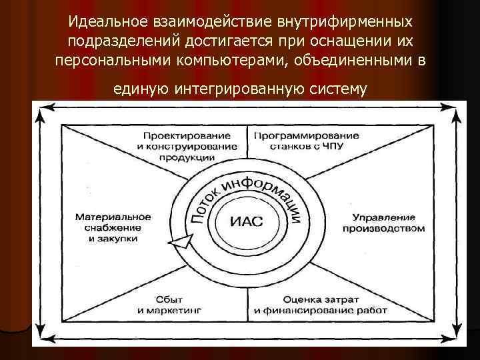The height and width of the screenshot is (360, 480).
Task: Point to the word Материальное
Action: [x=113, y=217]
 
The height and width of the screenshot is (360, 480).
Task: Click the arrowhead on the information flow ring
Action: [x=181, y=244]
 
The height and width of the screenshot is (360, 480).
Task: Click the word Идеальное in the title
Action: [x=113, y=23]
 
